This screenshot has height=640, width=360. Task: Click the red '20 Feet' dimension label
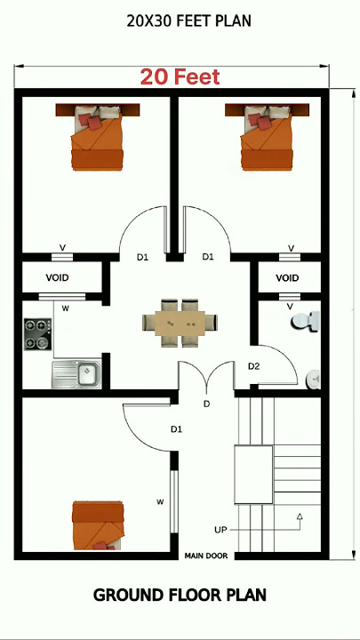coord(179,77)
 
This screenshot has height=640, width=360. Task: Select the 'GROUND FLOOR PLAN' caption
coord(180,595)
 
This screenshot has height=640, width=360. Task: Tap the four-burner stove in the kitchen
coord(37,334)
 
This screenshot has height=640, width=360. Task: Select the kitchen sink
coord(77,374)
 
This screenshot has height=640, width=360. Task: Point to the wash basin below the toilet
coord(314,380)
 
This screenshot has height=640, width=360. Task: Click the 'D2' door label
coord(253,366)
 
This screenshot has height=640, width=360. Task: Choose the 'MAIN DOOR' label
coord(205,556)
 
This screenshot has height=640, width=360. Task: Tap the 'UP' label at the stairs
coord(220,530)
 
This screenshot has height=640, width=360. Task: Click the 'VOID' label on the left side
coord(57,278)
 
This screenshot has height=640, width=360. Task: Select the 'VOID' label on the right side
coord(287,278)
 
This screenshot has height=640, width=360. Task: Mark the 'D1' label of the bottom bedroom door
coord(176,429)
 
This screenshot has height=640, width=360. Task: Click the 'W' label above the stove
coord(65,308)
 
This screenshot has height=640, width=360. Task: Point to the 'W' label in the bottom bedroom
coord(160,502)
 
